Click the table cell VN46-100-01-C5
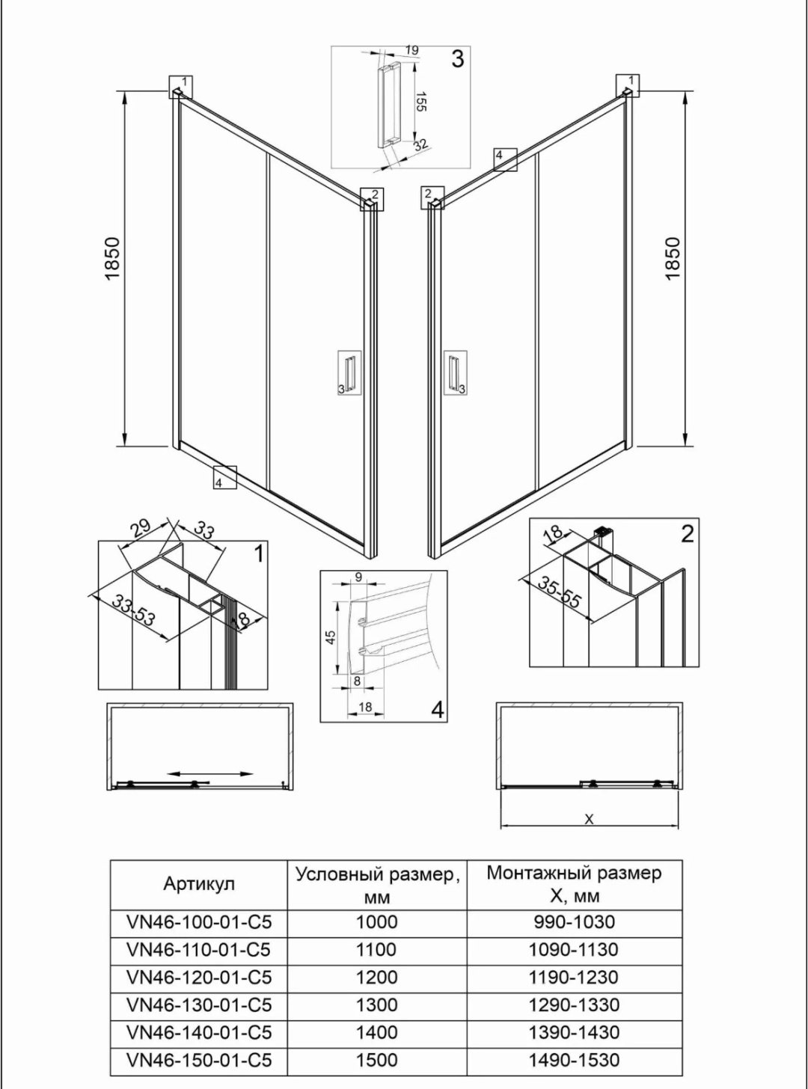[x=199, y=922]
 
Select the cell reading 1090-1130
[x=574, y=950]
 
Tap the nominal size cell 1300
[x=376, y=1004]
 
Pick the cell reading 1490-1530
[x=574, y=1060]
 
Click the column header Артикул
[x=199, y=884]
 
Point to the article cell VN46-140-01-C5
[x=199, y=1032]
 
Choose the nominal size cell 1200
[x=376, y=977]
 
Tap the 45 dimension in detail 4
[x=331, y=637]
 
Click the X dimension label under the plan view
[x=590, y=818]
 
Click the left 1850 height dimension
[x=114, y=259]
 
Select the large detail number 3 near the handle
[x=457, y=59]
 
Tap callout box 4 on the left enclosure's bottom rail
[x=225, y=478]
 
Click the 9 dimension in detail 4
[x=358, y=577]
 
